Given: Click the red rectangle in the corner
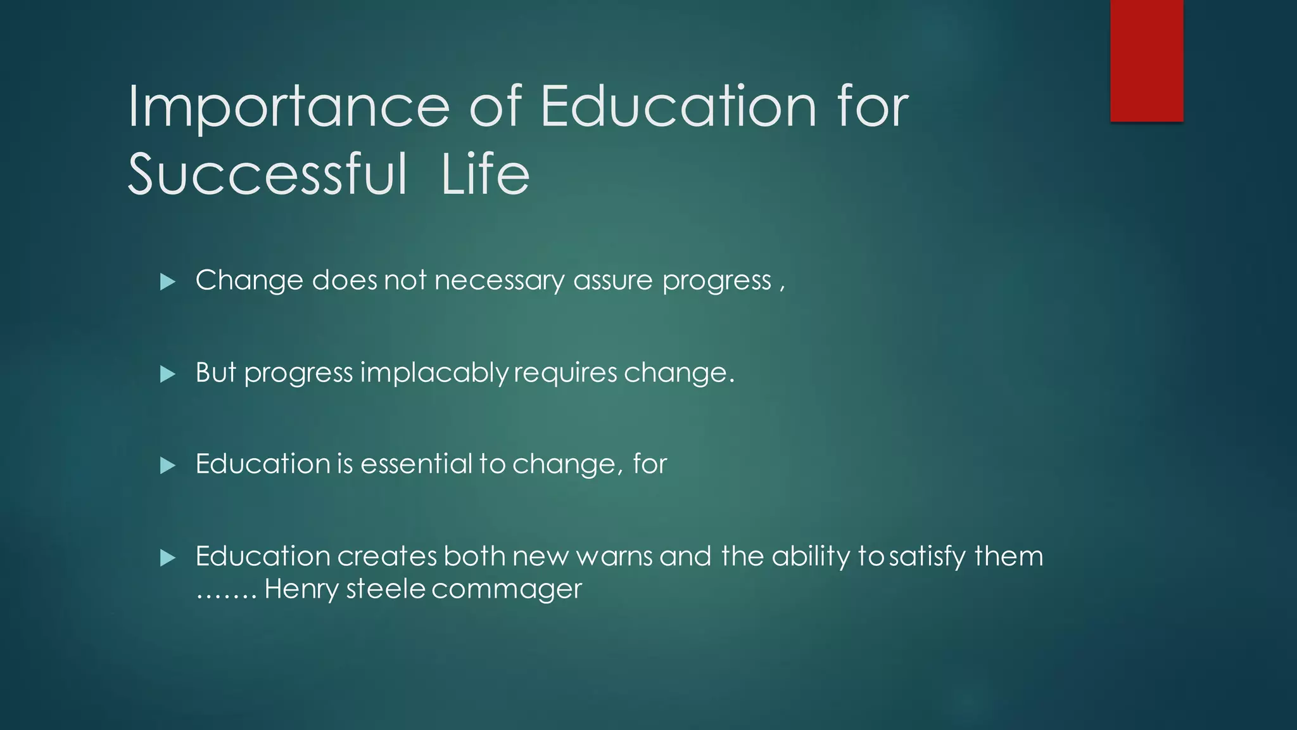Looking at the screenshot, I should tap(1146, 60).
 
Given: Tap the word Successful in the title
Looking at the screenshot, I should tap(267, 174).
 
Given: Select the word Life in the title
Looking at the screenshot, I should tap(485, 174).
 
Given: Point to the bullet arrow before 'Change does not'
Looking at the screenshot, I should tap(168, 281).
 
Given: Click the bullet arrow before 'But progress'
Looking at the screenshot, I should tap(168, 374).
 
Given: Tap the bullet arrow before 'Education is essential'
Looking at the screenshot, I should tap(168, 466).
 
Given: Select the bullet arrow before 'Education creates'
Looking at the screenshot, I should tap(168, 558).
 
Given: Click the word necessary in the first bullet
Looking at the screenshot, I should tap(499, 281).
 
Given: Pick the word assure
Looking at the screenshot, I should tap(612, 281).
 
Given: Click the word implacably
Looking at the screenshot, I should tap(434, 373).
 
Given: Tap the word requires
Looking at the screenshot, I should tap(565, 373).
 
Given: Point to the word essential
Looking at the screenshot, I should tap(416, 464).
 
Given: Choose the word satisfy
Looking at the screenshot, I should tap(927, 556).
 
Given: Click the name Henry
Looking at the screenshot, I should tap(301, 589).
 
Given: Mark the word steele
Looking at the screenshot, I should tap(386, 589).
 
